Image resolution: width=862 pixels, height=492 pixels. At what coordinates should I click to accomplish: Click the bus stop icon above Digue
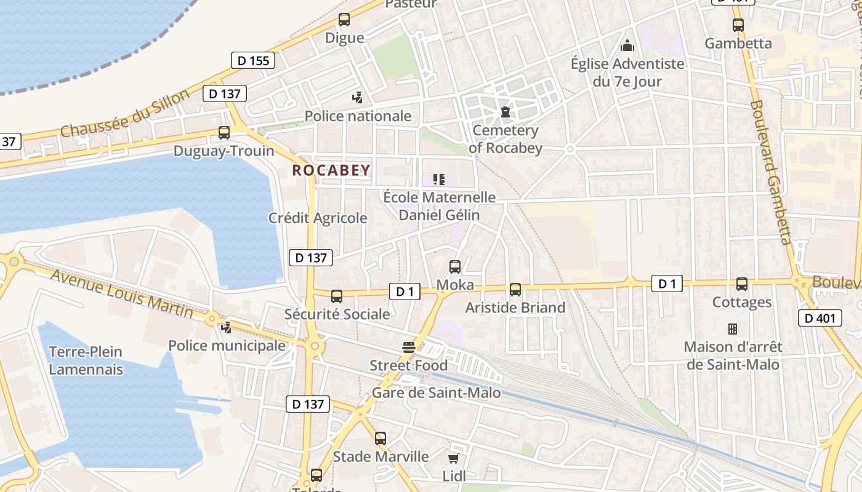click(344, 20)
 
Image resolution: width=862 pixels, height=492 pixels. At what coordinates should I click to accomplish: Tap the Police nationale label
click(358, 116)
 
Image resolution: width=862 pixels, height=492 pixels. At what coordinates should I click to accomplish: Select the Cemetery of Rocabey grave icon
click(506, 112)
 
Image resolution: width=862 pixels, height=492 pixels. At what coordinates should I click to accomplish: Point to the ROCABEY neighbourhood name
click(331, 170)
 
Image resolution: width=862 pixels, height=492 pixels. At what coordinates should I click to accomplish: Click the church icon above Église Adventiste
click(627, 46)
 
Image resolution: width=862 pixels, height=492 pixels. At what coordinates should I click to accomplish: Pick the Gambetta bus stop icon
click(738, 25)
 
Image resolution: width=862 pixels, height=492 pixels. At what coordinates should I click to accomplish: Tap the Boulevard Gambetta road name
click(770, 172)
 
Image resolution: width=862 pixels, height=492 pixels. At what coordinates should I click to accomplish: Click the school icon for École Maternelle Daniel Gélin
click(439, 180)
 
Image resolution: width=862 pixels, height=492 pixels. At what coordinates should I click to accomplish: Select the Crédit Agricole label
click(318, 218)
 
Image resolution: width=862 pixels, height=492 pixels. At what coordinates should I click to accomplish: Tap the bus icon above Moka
click(455, 267)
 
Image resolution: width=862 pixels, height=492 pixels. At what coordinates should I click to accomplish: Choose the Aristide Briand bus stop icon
click(515, 290)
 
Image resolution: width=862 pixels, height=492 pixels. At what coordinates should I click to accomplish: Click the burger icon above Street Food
click(408, 347)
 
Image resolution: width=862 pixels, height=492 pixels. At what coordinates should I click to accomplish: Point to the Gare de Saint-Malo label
click(437, 392)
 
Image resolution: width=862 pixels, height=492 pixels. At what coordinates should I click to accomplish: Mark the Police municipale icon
click(227, 328)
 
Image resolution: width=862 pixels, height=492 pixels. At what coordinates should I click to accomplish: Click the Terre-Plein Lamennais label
click(86, 360)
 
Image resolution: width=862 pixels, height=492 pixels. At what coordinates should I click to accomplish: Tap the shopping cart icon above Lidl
click(454, 458)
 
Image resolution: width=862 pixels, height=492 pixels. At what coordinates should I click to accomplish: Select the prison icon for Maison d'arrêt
click(733, 328)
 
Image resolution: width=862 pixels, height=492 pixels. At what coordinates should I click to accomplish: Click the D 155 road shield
click(252, 60)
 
